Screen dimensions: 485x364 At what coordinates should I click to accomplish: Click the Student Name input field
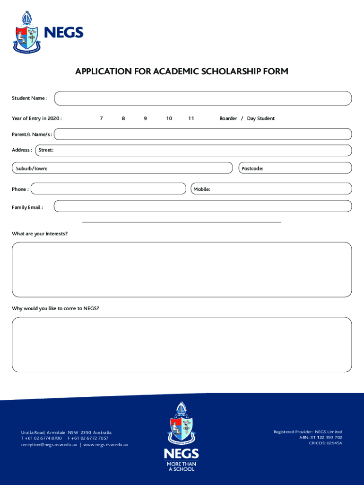[x=203, y=99]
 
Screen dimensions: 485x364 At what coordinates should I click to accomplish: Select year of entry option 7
[x=101, y=118]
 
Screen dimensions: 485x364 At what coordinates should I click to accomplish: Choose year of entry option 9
[x=145, y=118]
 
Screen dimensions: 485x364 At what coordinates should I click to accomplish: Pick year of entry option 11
[x=191, y=118]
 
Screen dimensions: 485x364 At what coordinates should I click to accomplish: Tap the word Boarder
[x=228, y=118]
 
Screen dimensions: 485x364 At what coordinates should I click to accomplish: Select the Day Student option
[x=260, y=118]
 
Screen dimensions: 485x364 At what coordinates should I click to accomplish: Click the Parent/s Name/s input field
[x=203, y=134]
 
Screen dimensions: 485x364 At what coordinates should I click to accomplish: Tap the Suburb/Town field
[x=122, y=168]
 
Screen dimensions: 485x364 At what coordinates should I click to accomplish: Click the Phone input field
[x=108, y=189]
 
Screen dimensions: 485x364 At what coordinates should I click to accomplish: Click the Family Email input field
[x=203, y=206]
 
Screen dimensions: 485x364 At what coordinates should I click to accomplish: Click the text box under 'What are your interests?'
[x=182, y=269]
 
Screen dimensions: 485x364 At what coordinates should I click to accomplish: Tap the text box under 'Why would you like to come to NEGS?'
[x=182, y=344]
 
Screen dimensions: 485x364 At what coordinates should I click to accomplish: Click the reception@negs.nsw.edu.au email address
[x=49, y=445]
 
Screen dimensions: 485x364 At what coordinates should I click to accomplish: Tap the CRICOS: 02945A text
[x=325, y=443]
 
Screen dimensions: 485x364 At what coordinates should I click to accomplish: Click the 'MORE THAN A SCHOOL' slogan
[x=182, y=467]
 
